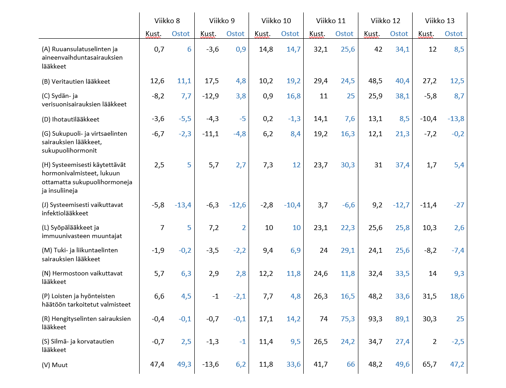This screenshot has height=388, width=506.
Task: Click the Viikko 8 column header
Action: click(167, 20)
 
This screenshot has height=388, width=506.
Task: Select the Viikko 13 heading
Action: click(439, 20)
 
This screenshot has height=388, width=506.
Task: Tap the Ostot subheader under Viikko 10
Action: click(290, 34)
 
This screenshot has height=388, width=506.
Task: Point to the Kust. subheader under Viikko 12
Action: click(372, 34)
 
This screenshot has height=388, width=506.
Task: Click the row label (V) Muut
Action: click(55, 365)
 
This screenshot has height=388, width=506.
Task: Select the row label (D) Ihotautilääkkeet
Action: click(70, 119)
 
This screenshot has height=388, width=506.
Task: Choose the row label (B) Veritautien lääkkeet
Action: click(76, 81)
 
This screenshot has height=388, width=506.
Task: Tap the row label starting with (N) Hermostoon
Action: click(82, 277)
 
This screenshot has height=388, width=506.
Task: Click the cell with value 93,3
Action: click(375, 319)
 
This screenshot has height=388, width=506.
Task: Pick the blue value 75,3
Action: click(348, 319)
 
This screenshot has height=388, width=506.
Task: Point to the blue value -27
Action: click(458, 205)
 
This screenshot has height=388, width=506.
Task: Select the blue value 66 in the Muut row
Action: click(351, 364)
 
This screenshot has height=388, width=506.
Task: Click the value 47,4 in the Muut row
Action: click(157, 364)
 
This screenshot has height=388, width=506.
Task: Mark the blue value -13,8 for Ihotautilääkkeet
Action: click(456, 118)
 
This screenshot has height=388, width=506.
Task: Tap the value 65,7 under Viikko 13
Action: click(430, 364)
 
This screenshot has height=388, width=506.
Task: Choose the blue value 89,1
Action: click(402, 319)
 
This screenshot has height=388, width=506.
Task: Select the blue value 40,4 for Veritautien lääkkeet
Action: click(402, 81)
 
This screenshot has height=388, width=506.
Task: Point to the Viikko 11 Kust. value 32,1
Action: click(321, 49)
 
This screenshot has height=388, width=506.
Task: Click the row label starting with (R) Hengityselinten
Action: click(86, 323)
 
